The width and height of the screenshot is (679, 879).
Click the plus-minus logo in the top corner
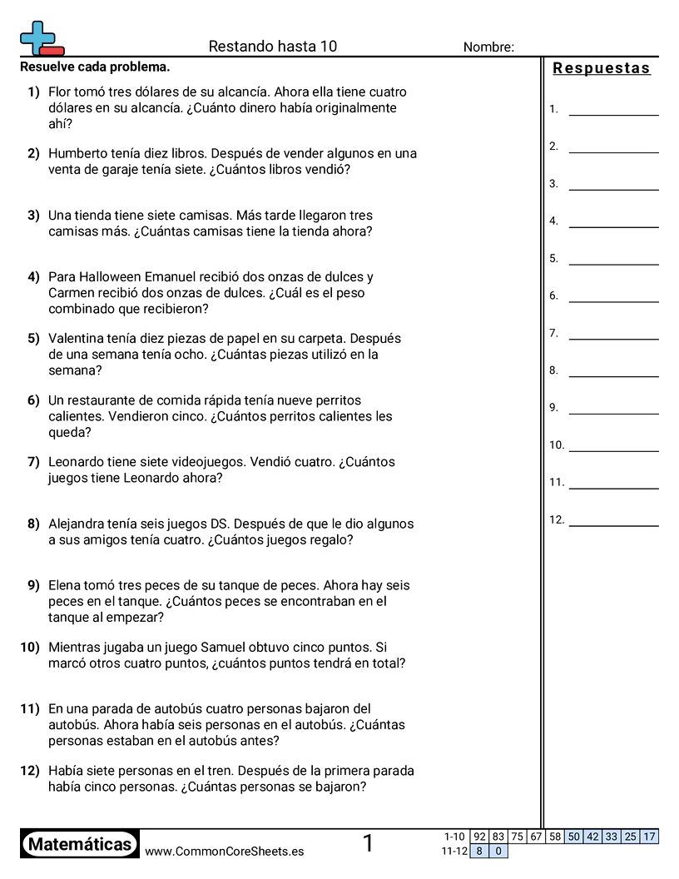pos(42,38)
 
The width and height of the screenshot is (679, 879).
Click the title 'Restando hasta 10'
pos(273,47)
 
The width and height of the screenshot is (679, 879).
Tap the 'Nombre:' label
pos(488,47)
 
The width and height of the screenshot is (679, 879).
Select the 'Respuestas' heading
pos(602,69)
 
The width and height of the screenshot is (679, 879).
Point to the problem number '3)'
pos(33,216)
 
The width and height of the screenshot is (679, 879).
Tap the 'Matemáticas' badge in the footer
pos(80,844)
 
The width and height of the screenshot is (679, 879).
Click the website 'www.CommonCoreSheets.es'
pos(224,852)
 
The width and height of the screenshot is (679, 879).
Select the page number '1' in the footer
pos(368,844)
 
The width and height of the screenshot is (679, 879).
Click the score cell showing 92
pos(479,837)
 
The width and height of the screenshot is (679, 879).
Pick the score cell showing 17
pos(649,837)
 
